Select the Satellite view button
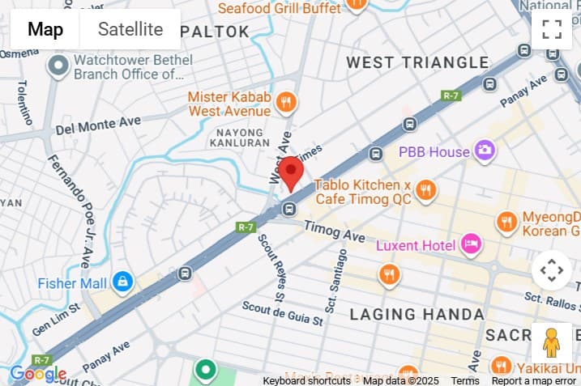(x=130, y=30)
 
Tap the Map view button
(x=45, y=30)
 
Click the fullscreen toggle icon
(x=552, y=30)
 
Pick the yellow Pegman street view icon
(x=552, y=343)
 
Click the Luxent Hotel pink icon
(x=471, y=243)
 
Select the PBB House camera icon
(x=485, y=151)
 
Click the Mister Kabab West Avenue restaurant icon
(x=285, y=103)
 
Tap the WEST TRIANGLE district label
(x=417, y=62)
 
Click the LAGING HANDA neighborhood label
(x=417, y=314)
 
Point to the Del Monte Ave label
(x=98, y=125)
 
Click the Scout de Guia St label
(x=283, y=314)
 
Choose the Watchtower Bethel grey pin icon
(x=58, y=66)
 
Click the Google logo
(x=37, y=374)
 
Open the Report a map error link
(x=533, y=380)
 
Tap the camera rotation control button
(x=552, y=269)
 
